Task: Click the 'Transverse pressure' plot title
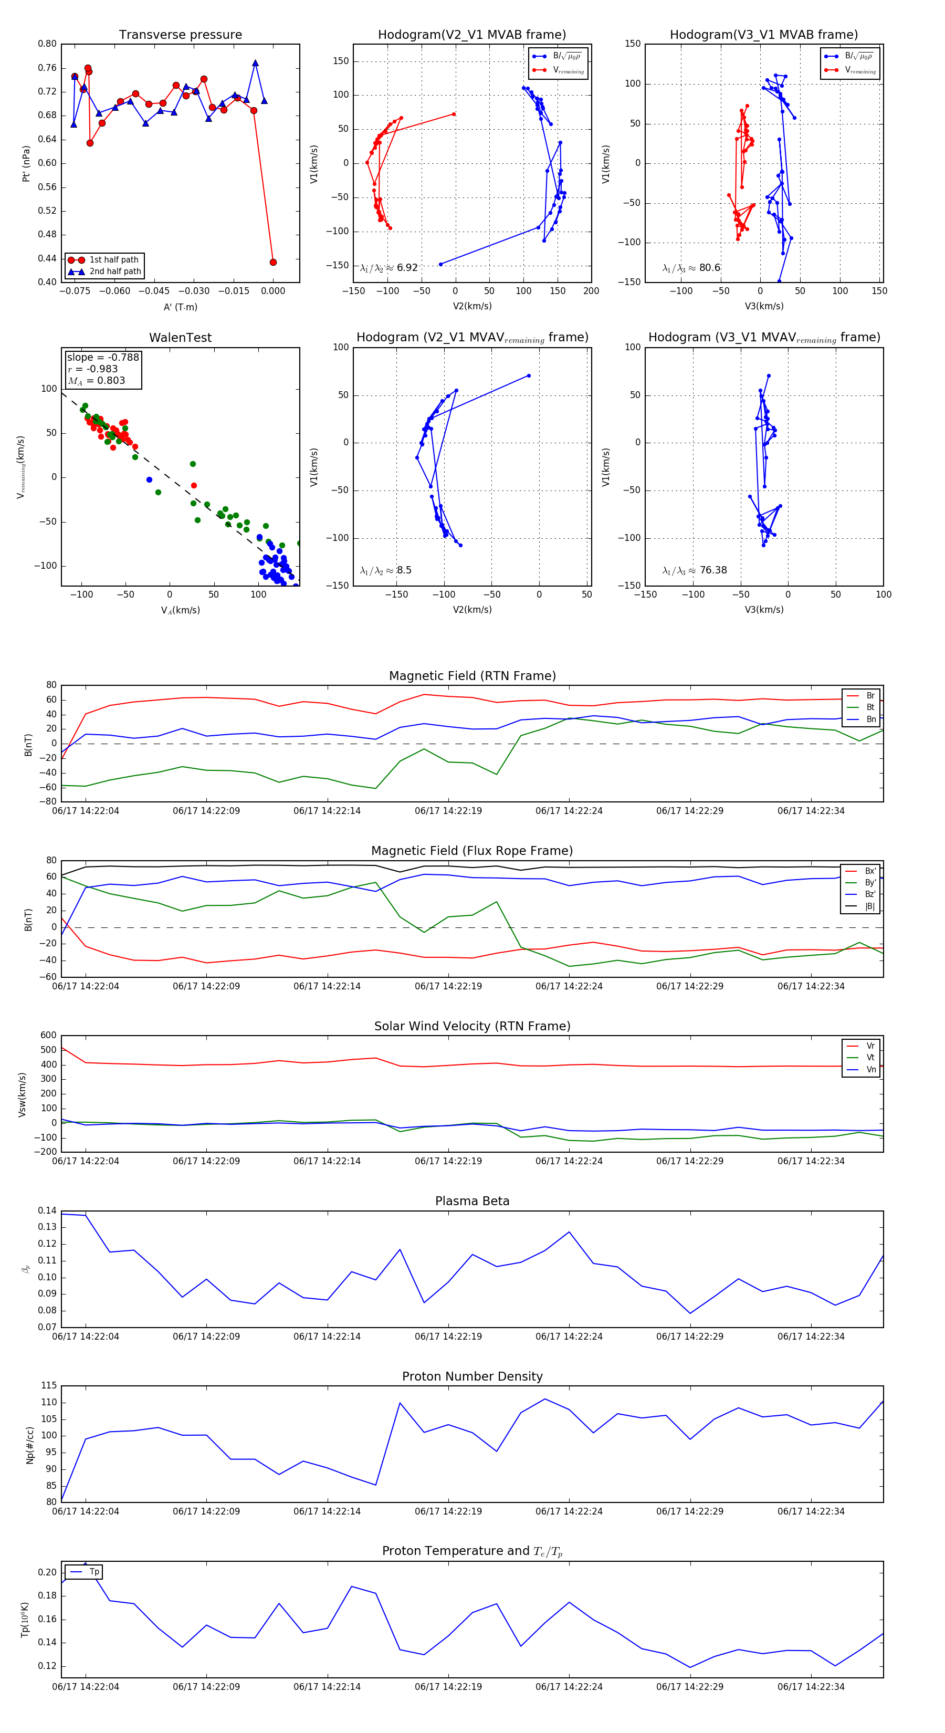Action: [x=180, y=35]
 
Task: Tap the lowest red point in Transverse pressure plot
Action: [x=273, y=263]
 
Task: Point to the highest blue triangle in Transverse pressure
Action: [x=256, y=63]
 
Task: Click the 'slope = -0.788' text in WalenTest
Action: [x=103, y=357]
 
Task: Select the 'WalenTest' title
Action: [x=180, y=338]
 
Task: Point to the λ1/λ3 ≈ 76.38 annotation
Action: [x=694, y=570]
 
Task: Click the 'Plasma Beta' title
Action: [x=472, y=1201]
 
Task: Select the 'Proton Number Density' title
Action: [x=472, y=1376]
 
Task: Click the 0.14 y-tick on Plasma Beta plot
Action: [x=47, y=1210]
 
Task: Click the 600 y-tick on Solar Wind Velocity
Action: [x=48, y=1036]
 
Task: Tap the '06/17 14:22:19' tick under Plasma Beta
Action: [x=448, y=1337]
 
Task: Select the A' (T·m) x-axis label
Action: [x=180, y=307]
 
